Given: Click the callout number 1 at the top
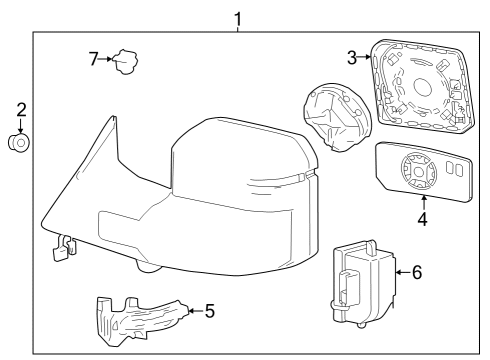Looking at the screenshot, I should tap(238, 17).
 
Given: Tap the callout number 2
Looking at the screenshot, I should tap(20, 109).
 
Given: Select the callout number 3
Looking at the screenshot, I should tap(352, 58).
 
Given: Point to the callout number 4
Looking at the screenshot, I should tap(423, 218).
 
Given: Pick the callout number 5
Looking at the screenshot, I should tap(209, 311).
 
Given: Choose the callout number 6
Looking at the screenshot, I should tap(417, 270).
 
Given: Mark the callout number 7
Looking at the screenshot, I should tap(93, 60).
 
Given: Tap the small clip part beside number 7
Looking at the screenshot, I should tap(124, 63).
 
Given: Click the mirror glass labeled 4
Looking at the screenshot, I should tap(424, 172).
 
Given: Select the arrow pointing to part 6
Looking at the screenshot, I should tap(402, 270).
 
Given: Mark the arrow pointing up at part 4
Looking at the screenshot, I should tap(423, 204).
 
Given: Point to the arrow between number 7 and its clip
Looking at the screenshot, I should tap(106, 60).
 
